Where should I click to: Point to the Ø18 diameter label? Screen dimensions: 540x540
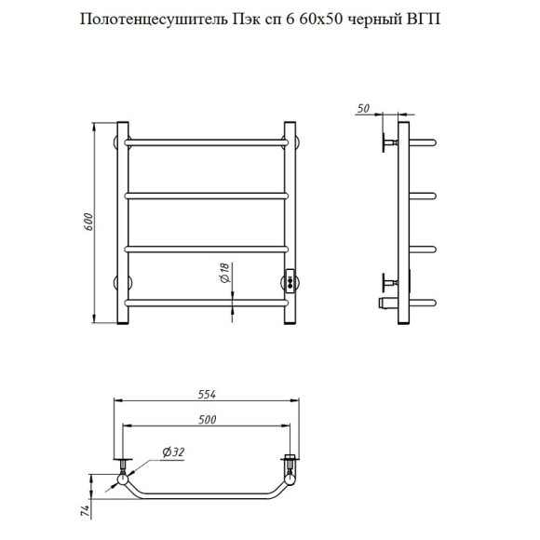(223, 274)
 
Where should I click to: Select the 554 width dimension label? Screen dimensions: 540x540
(207, 394)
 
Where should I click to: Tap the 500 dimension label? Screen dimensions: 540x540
(207, 419)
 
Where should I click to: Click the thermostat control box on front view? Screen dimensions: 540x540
(290, 278)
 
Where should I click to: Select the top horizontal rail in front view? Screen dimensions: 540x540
(207, 142)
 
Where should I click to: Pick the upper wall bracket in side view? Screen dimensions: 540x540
(386, 143)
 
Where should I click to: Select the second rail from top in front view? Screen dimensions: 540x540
(207, 195)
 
